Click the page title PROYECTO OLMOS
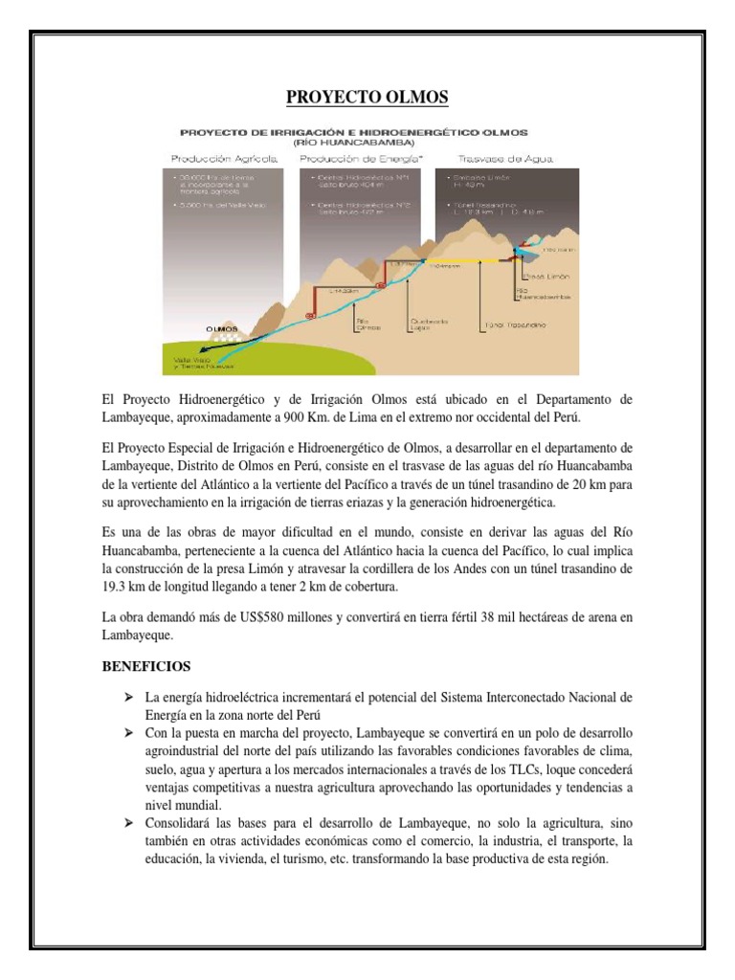point(367,99)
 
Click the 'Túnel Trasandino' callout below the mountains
point(517,326)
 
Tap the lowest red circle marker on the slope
point(309,315)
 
